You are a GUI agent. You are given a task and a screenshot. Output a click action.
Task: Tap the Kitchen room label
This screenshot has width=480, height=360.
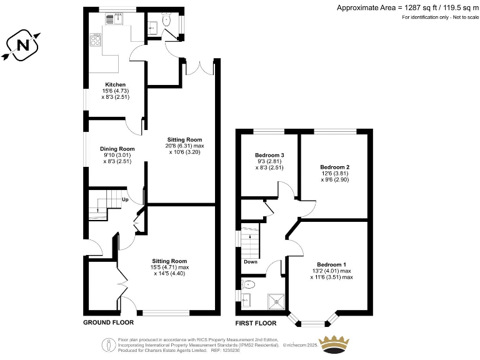point(115,84)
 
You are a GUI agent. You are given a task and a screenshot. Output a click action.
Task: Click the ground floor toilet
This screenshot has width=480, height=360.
point(166,21)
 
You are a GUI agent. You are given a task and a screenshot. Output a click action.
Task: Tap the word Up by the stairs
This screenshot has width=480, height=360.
point(125,200)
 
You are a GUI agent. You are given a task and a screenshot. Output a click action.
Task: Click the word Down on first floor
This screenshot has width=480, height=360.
point(251,261)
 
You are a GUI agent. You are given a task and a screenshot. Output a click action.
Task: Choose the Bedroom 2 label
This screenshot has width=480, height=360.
point(334,167)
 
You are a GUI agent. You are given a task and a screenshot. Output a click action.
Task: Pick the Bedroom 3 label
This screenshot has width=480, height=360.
point(269,155)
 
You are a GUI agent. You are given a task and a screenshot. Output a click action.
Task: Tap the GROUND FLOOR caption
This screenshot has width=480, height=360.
point(109,323)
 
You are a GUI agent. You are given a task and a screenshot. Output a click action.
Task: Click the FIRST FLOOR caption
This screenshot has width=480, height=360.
point(256,323)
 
